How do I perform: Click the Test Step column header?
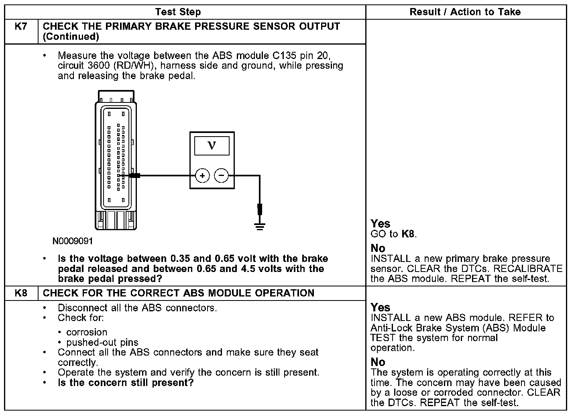(x=178, y=12)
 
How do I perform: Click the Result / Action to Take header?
(x=465, y=12)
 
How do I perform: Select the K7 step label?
(x=21, y=27)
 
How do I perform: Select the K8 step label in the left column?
(x=21, y=293)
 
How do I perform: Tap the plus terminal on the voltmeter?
(x=202, y=176)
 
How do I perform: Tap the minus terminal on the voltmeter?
(x=221, y=176)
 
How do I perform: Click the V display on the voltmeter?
(x=212, y=145)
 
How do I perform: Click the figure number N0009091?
(x=73, y=241)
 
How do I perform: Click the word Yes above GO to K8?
(x=380, y=224)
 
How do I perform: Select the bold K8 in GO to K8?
(x=408, y=234)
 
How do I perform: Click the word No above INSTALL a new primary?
(x=378, y=248)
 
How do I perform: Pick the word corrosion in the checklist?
(x=87, y=332)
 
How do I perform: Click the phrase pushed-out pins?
(x=102, y=343)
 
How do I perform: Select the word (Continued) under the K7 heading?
(x=71, y=37)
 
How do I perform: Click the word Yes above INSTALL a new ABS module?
(x=380, y=308)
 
